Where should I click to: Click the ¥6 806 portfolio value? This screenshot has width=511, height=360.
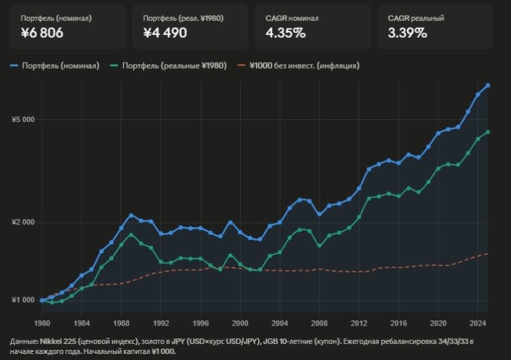pyautogui.click(x=42, y=32)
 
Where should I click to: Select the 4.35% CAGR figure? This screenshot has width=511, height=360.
pyautogui.click(x=286, y=32)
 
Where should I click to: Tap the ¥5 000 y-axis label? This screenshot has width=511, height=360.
pyautogui.click(x=23, y=120)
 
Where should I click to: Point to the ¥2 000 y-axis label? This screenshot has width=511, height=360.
pyautogui.click(x=23, y=222)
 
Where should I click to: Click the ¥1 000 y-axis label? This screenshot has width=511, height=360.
pyautogui.click(x=23, y=301)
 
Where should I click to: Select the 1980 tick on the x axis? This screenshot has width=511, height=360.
pyautogui.click(x=42, y=313)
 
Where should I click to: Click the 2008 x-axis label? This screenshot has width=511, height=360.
pyautogui.click(x=320, y=313)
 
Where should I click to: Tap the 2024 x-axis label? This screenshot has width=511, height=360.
pyautogui.click(x=478, y=313)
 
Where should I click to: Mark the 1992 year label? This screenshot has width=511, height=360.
pyautogui.click(x=160, y=313)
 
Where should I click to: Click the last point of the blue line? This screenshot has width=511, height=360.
pyautogui.click(x=488, y=86)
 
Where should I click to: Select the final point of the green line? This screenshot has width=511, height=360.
pyautogui.click(x=488, y=132)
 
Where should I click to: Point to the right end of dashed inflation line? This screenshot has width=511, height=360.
pyautogui.click(x=488, y=253)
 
